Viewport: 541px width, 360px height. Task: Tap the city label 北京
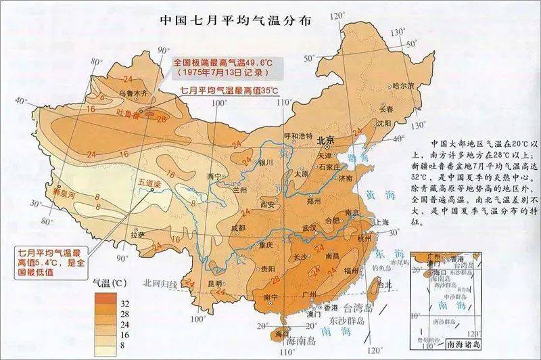pyautogui.click(x=326, y=141)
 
